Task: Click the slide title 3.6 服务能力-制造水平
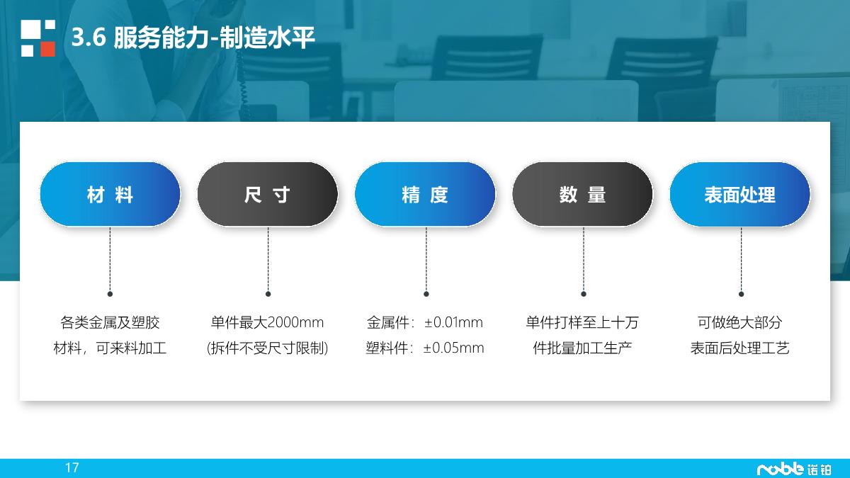[193, 38]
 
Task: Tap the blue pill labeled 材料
[110, 195]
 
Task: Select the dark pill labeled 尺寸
[267, 195]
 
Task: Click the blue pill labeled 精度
[425, 195]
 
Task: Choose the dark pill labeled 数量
[582, 195]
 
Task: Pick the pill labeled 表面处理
[739, 195]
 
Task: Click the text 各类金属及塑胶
[110, 323]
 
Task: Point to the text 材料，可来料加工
[110, 348]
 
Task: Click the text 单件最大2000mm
[267, 323]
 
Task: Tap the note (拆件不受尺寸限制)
[267, 348]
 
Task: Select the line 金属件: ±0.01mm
[425, 323]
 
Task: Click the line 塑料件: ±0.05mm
[425, 348]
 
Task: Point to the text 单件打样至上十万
[582, 323]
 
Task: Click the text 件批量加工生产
[582, 348]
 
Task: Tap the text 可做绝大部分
[739, 323]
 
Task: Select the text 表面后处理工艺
[739, 348]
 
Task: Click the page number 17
[72, 467]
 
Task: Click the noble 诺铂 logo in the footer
[794, 469]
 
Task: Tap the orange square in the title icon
[47, 49]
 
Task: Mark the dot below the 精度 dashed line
[426, 293]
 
